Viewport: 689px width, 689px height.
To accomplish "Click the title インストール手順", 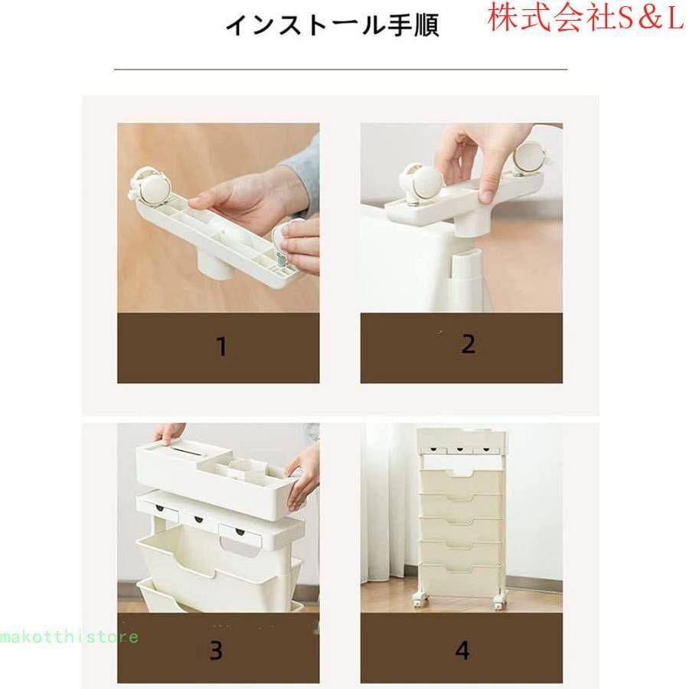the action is (332, 25).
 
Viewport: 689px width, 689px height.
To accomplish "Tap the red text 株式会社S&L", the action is (587, 19).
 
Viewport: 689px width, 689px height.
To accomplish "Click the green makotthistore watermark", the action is (69, 636).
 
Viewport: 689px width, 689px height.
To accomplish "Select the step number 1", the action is (222, 347).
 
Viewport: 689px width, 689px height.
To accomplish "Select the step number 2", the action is (469, 344).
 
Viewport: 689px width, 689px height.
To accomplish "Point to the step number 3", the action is (216, 651).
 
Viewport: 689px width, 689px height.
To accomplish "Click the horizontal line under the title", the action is (341, 69).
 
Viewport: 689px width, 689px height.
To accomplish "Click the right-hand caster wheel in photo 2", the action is (531, 159).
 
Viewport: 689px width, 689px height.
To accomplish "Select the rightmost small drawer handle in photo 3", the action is (240, 532).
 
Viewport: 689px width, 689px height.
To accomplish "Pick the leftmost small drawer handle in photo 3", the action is (159, 508).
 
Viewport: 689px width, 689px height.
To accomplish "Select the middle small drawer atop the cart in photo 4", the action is (460, 450).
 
